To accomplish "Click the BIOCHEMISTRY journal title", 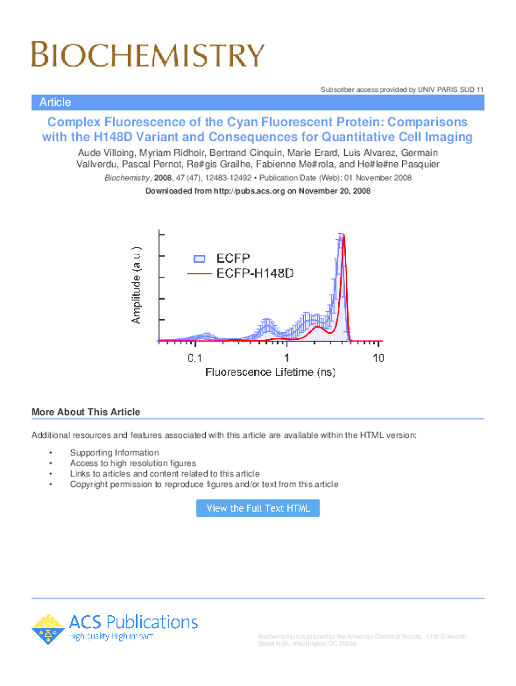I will [x=147, y=54].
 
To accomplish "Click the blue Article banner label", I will [x=55, y=103].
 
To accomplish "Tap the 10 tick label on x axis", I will [x=378, y=358].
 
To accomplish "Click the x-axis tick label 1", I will [x=286, y=358].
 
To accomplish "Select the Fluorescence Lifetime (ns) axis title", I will [x=271, y=372].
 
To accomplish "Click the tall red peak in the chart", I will [x=343, y=241].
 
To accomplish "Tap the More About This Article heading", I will [x=86, y=412].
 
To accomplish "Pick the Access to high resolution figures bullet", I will [x=133, y=463].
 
